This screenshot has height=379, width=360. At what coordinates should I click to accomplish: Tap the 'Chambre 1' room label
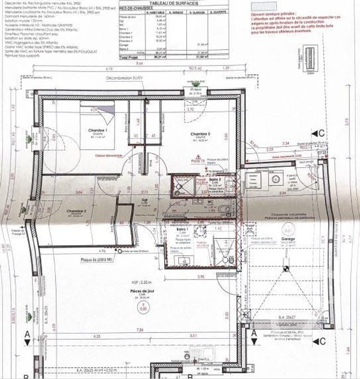pos(97,130)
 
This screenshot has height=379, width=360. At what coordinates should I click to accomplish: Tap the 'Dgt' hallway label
pos(144,199)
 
